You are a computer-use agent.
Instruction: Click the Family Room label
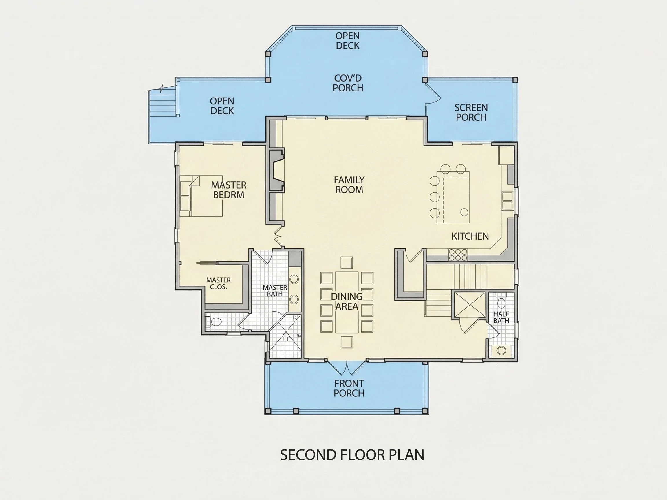[x=349, y=185]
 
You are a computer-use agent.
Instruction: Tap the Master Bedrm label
[x=229, y=190]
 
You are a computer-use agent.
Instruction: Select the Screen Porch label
[x=471, y=113]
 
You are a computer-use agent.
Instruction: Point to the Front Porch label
[x=349, y=388]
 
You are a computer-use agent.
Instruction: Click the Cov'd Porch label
[x=348, y=83]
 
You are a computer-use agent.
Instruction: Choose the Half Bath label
[x=501, y=317]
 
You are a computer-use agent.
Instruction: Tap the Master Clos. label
[x=218, y=284]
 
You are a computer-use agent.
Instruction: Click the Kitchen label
[x=470, y=236]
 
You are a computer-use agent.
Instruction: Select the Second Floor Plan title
[x=352, y=455]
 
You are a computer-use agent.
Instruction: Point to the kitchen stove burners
[x=458, y=255]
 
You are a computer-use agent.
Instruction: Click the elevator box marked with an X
[x=469, y=305]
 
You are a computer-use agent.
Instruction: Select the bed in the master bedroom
[x=201, y=196]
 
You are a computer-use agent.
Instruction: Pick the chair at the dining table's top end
[x=347, y=262]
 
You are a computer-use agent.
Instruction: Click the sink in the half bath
[x=501, y=350]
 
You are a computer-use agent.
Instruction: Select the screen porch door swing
[x=433, y=94]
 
